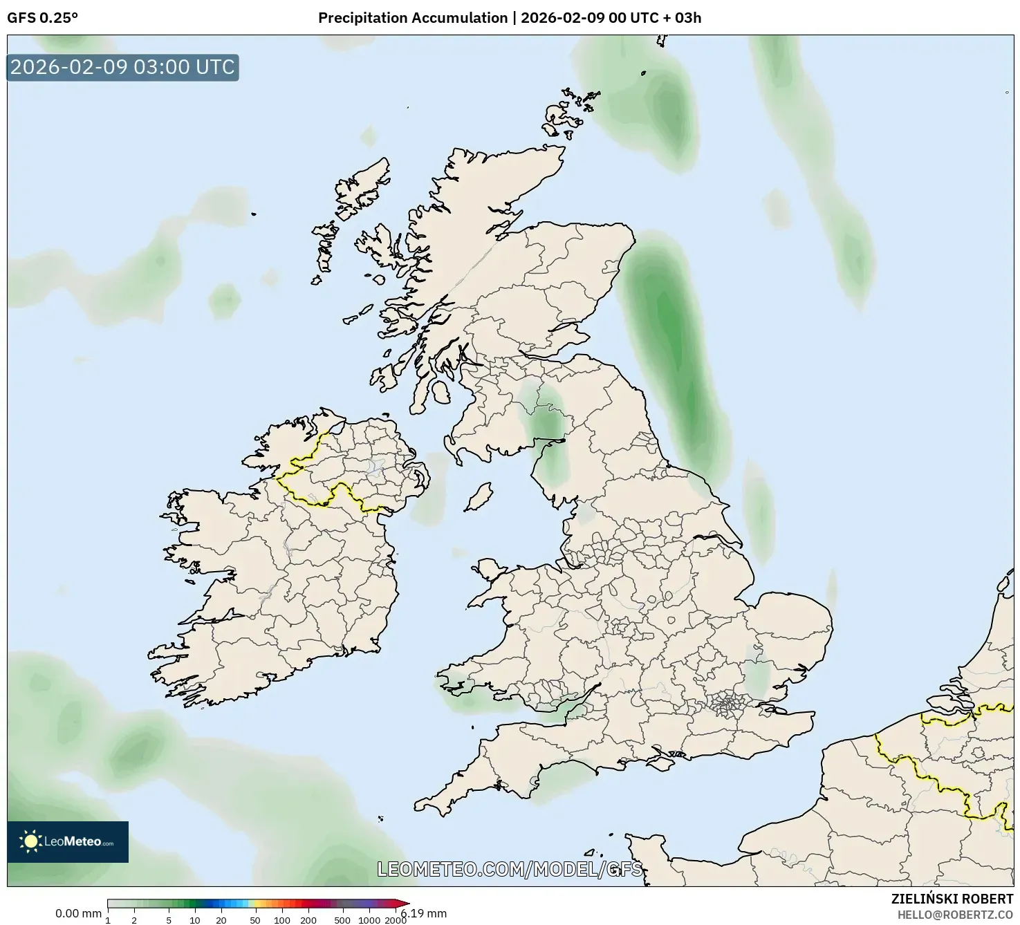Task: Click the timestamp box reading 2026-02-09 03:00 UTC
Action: click(122, 67)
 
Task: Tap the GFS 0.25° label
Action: click(42, 18)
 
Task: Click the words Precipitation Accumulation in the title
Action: click(412, 18)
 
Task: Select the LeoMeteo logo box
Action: click(68, 841)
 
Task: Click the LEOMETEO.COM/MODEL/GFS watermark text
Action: click(510, 869)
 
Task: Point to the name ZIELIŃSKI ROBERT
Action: click(952, 899)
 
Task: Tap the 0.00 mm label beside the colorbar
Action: click(78, 913)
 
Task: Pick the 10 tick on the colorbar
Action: click(195, 919)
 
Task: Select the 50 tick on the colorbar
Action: click(255, 919)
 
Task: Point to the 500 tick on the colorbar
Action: click(342, 919)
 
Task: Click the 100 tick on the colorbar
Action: click(282, 919)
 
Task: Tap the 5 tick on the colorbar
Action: click(169, 919)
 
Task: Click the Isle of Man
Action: click(478, 496)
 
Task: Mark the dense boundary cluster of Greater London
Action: click(726, 705)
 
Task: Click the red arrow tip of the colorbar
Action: click(404, 903)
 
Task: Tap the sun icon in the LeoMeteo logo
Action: click(30, 841)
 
